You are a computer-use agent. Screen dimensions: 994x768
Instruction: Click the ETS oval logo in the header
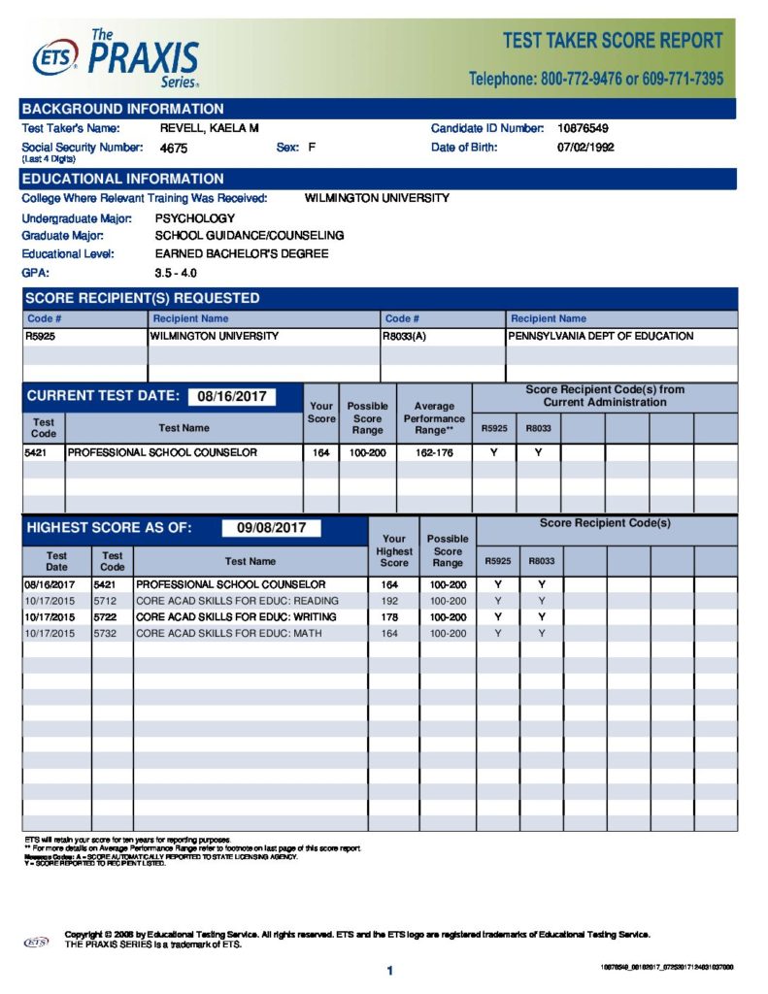tap(54, 60)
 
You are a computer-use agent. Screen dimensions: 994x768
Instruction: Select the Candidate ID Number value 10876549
tap(584, 128)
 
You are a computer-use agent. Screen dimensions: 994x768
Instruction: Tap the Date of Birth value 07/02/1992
tap(585, 148)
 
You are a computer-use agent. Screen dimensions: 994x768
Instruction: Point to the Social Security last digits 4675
tap(174, 149)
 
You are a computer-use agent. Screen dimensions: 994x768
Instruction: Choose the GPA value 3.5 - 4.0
tap(176, 273)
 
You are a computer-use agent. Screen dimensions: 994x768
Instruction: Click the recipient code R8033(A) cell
tap(406, 336)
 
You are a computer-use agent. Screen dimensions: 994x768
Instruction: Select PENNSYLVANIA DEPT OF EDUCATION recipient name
tap(600, 336)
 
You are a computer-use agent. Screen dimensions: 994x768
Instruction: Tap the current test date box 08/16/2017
tap(231, 396)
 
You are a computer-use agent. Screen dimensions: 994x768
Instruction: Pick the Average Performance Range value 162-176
tap(433, 452)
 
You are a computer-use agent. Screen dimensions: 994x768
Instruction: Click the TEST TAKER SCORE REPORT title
tap(613, 41)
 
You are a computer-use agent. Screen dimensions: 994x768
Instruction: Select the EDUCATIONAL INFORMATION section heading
tap(122, 179)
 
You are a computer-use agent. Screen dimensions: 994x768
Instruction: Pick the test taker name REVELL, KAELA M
tap(209, 128)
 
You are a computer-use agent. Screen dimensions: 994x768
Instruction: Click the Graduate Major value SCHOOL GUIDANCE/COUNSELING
tap(249, 236)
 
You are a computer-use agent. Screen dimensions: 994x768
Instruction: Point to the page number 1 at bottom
tap(388, 971)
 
